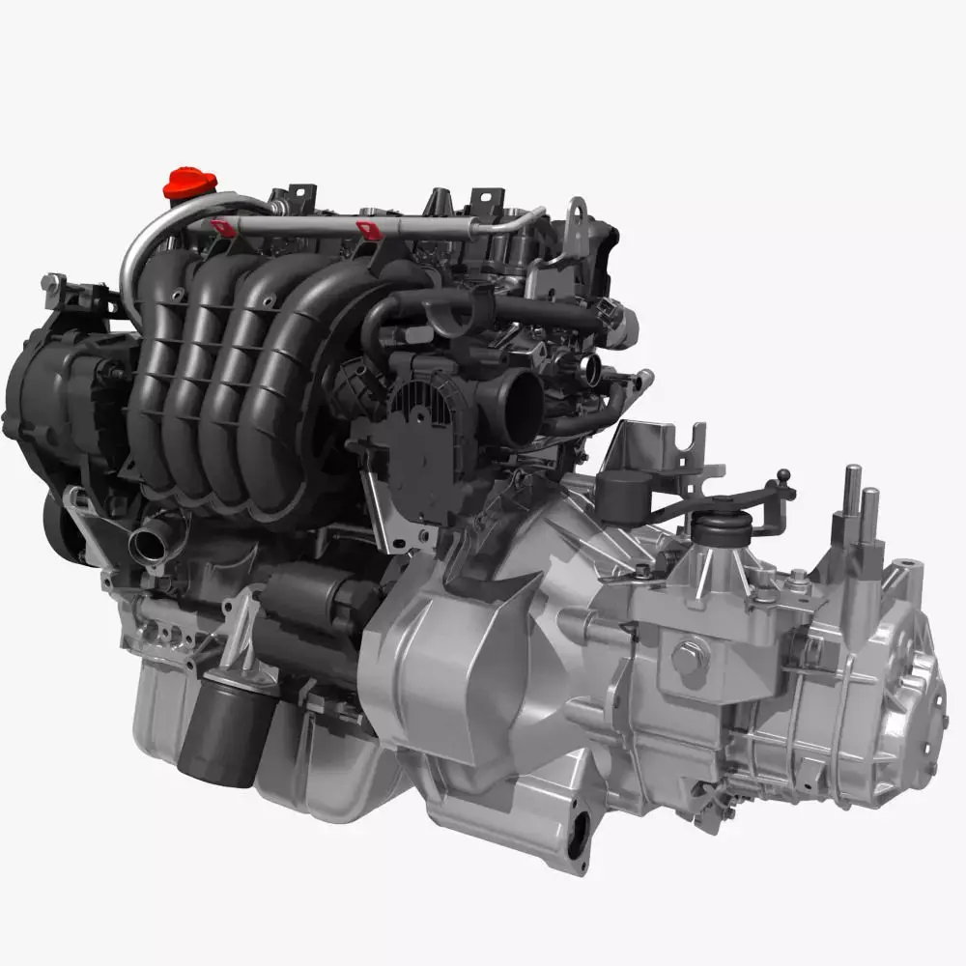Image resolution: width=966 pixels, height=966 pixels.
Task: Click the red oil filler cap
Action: coord(189,183)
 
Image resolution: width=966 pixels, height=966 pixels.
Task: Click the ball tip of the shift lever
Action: coord(783,475)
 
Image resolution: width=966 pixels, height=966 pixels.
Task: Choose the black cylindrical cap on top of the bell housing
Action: coord(621,496)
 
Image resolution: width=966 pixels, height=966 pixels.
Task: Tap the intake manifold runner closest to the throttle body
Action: coord(290,386)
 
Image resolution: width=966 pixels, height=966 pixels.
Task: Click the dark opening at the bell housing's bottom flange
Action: coord(579,835)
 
